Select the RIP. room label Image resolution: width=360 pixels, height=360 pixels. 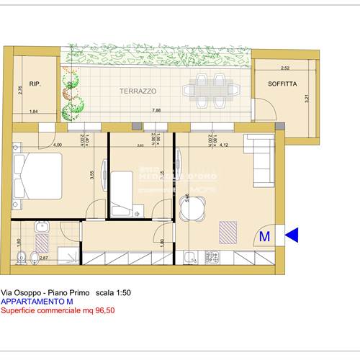coord(35,84)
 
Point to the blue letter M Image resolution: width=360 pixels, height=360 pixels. coord(264,235)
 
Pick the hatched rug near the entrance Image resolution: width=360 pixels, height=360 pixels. coord(228,230)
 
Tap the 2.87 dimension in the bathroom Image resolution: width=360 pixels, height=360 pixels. coord(42,257)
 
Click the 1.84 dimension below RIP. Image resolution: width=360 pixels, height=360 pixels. coord(34,111)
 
